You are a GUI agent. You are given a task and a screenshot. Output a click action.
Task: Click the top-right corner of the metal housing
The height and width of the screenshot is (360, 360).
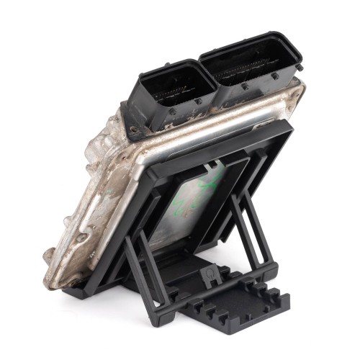click(x=301, y=90)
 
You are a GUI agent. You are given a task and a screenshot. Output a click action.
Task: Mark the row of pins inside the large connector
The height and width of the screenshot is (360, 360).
click(x=248, y=72)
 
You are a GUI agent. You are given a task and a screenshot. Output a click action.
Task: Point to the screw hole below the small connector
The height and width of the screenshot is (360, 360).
click(x=132, y=130)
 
